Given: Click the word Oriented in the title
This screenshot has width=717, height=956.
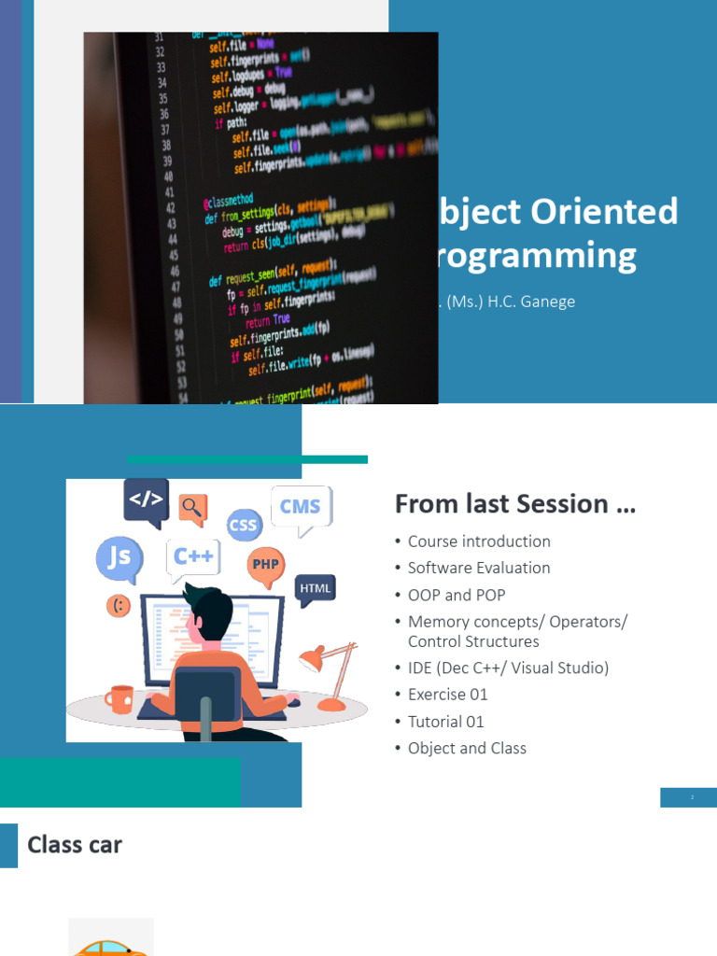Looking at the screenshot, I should (605, 212).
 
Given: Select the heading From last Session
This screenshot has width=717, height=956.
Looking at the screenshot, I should (514, 504).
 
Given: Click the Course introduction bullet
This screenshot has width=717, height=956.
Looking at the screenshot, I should (479, 541).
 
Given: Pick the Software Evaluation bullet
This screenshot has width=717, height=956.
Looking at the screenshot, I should (479, 568).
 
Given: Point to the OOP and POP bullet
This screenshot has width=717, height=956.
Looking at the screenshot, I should (457, 595).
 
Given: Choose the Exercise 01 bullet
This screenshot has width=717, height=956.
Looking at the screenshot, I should (448, 695).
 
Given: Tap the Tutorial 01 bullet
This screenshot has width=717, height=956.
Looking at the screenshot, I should (446, 722).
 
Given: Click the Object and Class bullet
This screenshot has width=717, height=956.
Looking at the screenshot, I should (467, 748).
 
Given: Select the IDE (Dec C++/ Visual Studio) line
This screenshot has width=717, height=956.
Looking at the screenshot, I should (508, 668).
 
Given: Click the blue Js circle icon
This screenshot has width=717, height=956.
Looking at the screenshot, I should (119, 558).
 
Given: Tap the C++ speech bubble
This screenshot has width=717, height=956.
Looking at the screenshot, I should (194, 556).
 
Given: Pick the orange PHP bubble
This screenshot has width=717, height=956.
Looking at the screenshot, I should (266, 565).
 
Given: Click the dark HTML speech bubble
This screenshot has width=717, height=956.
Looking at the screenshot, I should (316, 588).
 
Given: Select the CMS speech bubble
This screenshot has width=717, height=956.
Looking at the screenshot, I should (301, 507).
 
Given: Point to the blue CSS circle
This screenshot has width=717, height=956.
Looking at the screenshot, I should (243, 525).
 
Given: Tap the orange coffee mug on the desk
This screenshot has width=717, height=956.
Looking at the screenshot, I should (120, 697).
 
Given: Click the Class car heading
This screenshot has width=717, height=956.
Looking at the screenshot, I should (75, 845).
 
